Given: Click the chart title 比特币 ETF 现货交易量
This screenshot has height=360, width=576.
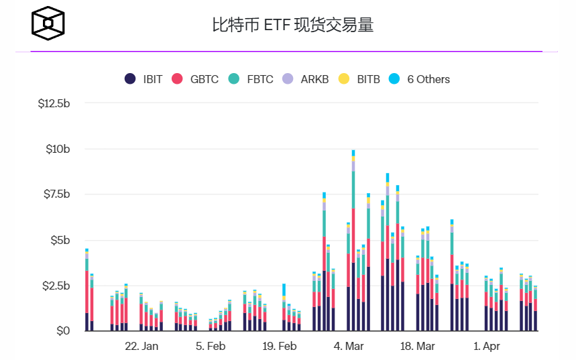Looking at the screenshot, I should click(x=292, y=25).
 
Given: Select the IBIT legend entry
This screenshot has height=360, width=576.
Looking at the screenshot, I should click(x=143, y=79).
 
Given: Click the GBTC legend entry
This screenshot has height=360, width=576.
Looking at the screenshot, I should click(x=196, y=79).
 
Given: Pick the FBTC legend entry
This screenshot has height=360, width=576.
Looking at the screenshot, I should click(x=251, y=79).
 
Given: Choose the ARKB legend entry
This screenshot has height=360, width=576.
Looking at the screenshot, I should click(x=306, y=79).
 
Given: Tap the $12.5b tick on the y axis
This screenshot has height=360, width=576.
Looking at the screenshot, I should click(x=54, y=104).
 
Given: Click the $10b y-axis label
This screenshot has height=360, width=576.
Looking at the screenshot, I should click(x=58, y=149).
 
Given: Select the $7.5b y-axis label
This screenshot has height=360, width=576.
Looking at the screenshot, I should click(x=56, y=195).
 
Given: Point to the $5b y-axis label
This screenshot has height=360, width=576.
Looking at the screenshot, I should click(x=60, y=241).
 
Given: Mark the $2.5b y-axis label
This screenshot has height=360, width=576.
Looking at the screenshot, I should click(x=56, y=286).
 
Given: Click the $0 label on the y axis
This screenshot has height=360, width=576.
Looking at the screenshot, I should click(x=63, y=331).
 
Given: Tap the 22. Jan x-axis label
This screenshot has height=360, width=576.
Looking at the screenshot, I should click(x=141, y=347).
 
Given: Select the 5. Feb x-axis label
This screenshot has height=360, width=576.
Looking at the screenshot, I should click(x=211, y=347).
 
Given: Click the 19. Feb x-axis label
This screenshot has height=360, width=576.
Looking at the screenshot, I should click(x=279, y=347).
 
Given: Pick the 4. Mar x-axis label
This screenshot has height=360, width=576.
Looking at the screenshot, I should click(x=348, y=347).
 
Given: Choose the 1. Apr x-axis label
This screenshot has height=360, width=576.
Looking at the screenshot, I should click(x=486, y=347).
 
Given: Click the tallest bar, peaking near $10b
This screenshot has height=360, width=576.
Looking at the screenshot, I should click(x=353, y=241).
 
